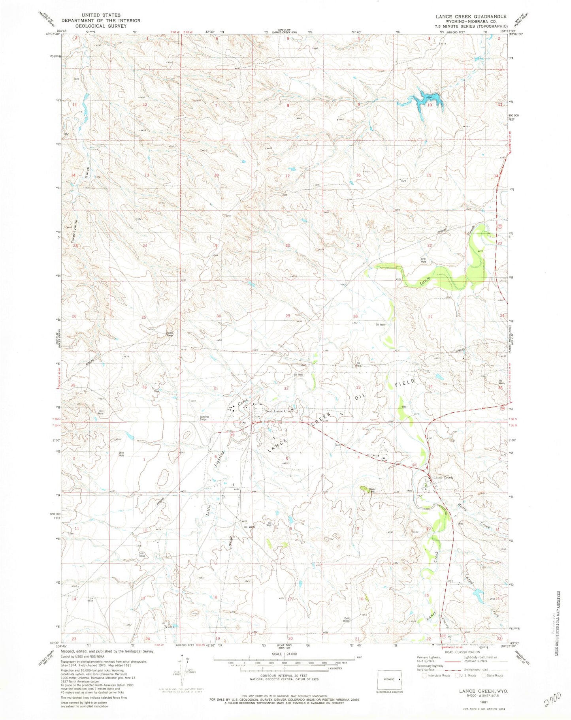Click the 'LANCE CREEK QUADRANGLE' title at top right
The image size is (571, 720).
[471, 16]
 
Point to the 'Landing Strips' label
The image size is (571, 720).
[204, 418]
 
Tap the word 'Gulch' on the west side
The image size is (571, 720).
[87, 174]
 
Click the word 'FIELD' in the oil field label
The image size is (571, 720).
[405, 383]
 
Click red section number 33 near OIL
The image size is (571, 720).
[358, 387]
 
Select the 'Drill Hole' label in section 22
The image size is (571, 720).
[423, 260]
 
